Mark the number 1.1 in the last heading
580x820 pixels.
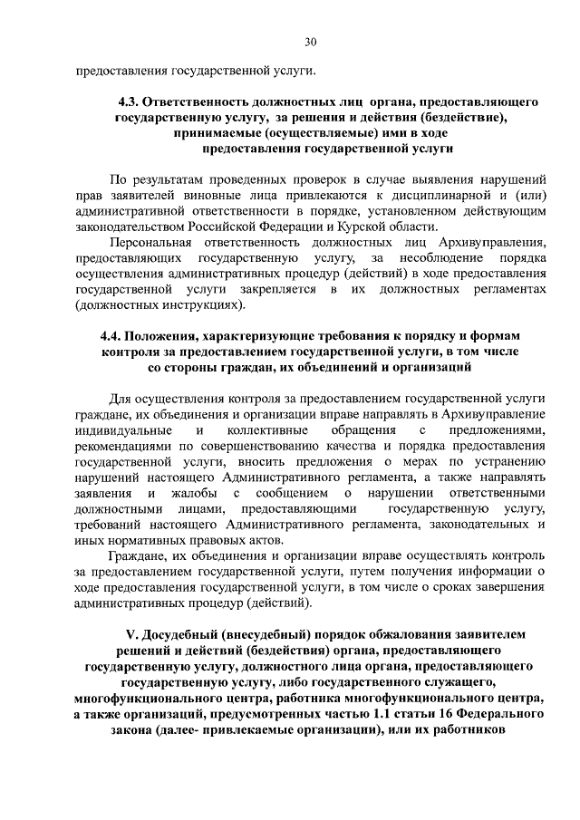point(375,715)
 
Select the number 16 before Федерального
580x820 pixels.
point(440,715)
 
